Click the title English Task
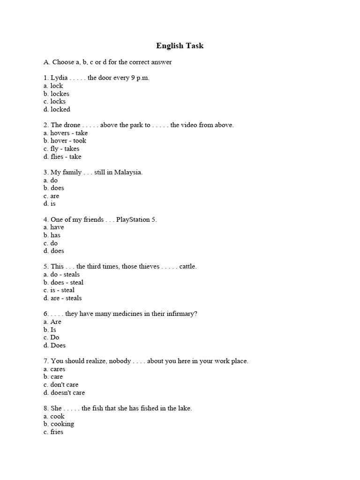[180, 46]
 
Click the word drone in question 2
[72, 125]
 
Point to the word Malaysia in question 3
[127, 172]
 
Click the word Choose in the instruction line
[63, 62]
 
